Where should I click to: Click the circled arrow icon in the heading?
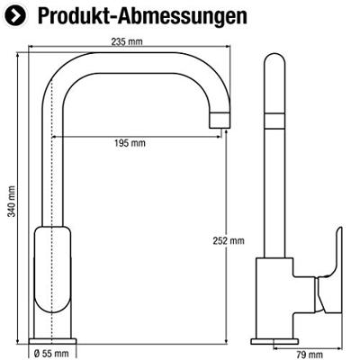[15, 15]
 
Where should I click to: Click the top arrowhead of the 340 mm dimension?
[21, 56]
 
